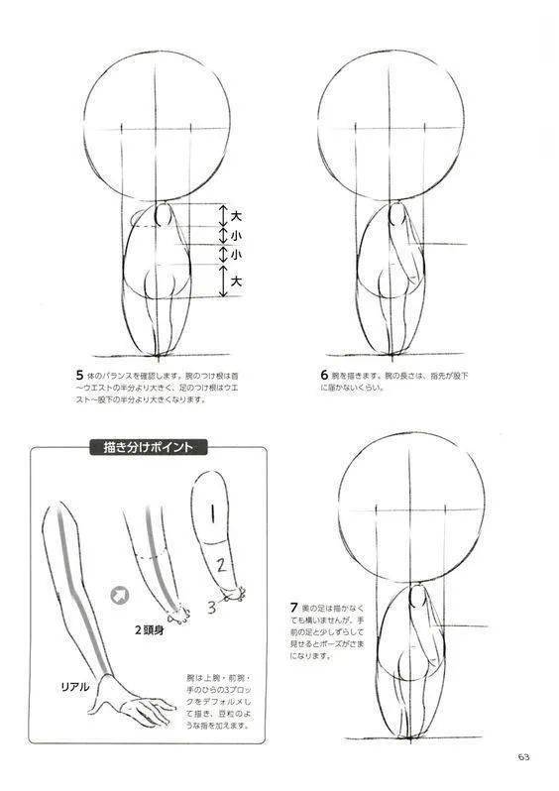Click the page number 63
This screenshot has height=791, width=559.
tap(522, 757)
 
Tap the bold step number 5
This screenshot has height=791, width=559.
tap(78, 376)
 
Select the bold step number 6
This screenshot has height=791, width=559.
tap(325, 376)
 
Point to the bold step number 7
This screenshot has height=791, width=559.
tap(294, 606)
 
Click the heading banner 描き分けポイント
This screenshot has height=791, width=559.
tap(148, 447)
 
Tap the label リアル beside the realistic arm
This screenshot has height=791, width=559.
tap(75, 686)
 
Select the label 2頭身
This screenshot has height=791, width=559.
tap(151, 628)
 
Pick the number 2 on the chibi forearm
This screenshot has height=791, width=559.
tap(223, 566)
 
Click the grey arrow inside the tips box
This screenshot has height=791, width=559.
tap(120, 595)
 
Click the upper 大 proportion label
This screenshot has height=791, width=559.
tap(236, 215)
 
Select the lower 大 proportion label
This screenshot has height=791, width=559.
tap(236, 282)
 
